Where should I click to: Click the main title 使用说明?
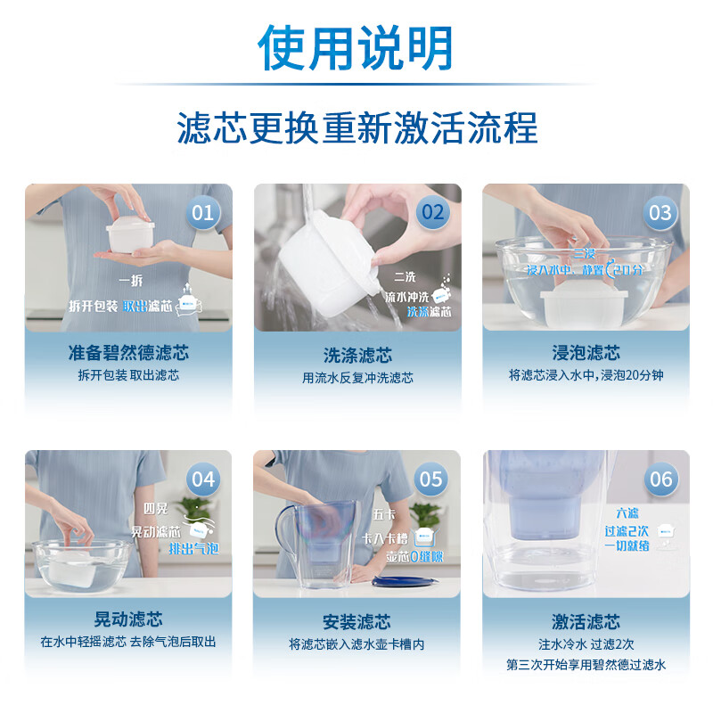click(356, 48)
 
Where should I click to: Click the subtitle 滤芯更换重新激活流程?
click(356, 127)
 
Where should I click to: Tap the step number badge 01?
click(203, 212)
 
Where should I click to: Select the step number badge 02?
click(432, 212)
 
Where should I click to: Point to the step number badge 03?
click(660, 212)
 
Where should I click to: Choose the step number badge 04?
click(203, 479)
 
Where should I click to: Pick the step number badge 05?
click(431, 479)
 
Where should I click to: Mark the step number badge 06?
click(660, 479)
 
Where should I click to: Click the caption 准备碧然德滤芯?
click(128, 353)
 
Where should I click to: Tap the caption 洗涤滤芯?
click(357, 355)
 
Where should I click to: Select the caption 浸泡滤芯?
click(586, 353)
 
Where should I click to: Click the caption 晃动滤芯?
click(128, 619)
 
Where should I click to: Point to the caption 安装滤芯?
click(357, 621)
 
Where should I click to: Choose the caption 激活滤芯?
click(586, 621)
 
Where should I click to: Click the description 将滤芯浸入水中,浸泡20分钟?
click(586, 375)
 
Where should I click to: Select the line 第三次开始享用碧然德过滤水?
click(586, 665)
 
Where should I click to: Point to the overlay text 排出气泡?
click(193, 549)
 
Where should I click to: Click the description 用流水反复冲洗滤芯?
click(357, 377)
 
